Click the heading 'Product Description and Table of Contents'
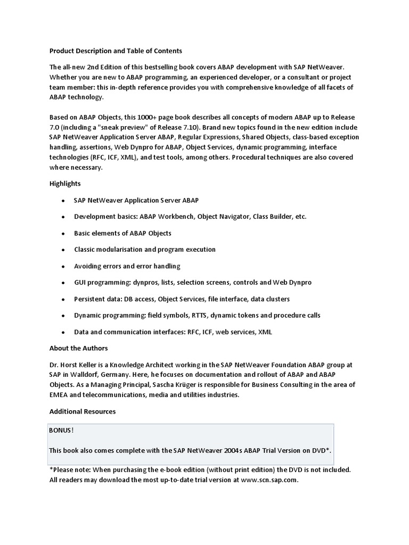click(116, 51)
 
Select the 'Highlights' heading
click(65, 184)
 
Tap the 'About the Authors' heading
click(78, 348)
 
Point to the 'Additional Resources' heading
click(83, 411)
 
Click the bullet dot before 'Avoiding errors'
click(62, 266)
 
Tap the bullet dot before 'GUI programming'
click(62, 283)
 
